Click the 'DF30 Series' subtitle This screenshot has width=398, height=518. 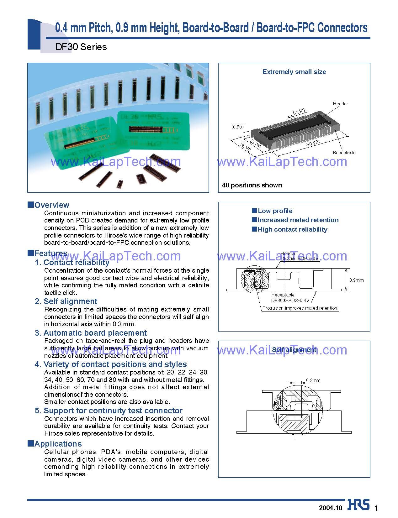click(81, 47)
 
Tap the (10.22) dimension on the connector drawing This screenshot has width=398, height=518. click(312, 144)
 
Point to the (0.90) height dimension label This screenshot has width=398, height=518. click(237, 127)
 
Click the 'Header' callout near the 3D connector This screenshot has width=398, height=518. click(340, 104)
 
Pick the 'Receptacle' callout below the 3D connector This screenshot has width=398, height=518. click(344, 153)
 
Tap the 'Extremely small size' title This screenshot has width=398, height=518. click(294, 72)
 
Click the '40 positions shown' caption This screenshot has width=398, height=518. click(252, 185)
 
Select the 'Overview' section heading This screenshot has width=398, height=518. click(52, 205)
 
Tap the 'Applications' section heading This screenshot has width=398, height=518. click(58, 444)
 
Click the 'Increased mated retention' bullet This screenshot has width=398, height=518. click(298, 220)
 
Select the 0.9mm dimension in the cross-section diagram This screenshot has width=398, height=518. click(357, 280)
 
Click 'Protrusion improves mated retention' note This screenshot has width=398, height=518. click(300, 308)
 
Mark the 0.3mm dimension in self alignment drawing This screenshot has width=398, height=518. click(313, 380)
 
